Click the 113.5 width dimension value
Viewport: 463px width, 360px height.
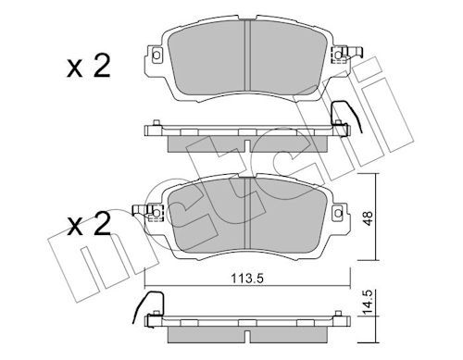coord(247,279)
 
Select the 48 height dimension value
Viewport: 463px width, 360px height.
coord(368,218)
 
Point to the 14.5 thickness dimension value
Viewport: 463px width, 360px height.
coord(368,303)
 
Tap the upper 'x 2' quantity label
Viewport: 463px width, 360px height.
coord(89,66)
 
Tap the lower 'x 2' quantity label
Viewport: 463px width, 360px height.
coord(89,224)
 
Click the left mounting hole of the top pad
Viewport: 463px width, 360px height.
coord(156,56)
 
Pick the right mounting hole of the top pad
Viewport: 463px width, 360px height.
coord(339,56)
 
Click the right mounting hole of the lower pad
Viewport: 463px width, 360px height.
coord(339,213)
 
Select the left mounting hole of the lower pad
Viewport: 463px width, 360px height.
coord(156,213)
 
